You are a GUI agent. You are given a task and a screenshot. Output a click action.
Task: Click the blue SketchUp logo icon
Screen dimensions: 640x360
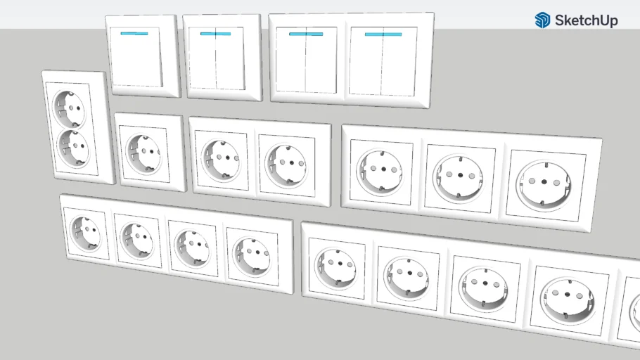542,20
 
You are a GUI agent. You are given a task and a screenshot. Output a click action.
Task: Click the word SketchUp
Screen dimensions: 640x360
586,20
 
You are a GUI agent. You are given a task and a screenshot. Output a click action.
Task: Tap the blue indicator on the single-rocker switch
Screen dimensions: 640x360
134,34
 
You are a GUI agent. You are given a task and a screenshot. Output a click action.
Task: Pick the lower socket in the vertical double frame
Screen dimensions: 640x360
73,148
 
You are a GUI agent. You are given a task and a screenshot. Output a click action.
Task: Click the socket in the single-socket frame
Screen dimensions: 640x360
143,154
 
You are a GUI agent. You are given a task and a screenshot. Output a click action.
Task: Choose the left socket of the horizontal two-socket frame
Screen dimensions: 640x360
221,160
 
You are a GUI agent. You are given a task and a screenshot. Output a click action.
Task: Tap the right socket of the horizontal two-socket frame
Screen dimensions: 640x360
286,165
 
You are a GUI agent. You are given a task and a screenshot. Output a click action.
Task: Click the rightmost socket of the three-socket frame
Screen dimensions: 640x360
543,185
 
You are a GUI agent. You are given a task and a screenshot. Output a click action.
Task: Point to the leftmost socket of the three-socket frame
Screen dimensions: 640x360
379,172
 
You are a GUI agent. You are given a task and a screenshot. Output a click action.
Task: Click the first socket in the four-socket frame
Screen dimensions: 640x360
86,233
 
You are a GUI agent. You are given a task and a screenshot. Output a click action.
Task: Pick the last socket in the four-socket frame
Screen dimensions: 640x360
252,255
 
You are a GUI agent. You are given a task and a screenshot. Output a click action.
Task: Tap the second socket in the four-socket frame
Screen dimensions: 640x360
138,240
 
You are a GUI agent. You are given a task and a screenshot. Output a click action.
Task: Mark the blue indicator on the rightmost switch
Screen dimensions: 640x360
383,34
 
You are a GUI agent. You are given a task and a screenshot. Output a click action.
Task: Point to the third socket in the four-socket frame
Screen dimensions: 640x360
192,247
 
